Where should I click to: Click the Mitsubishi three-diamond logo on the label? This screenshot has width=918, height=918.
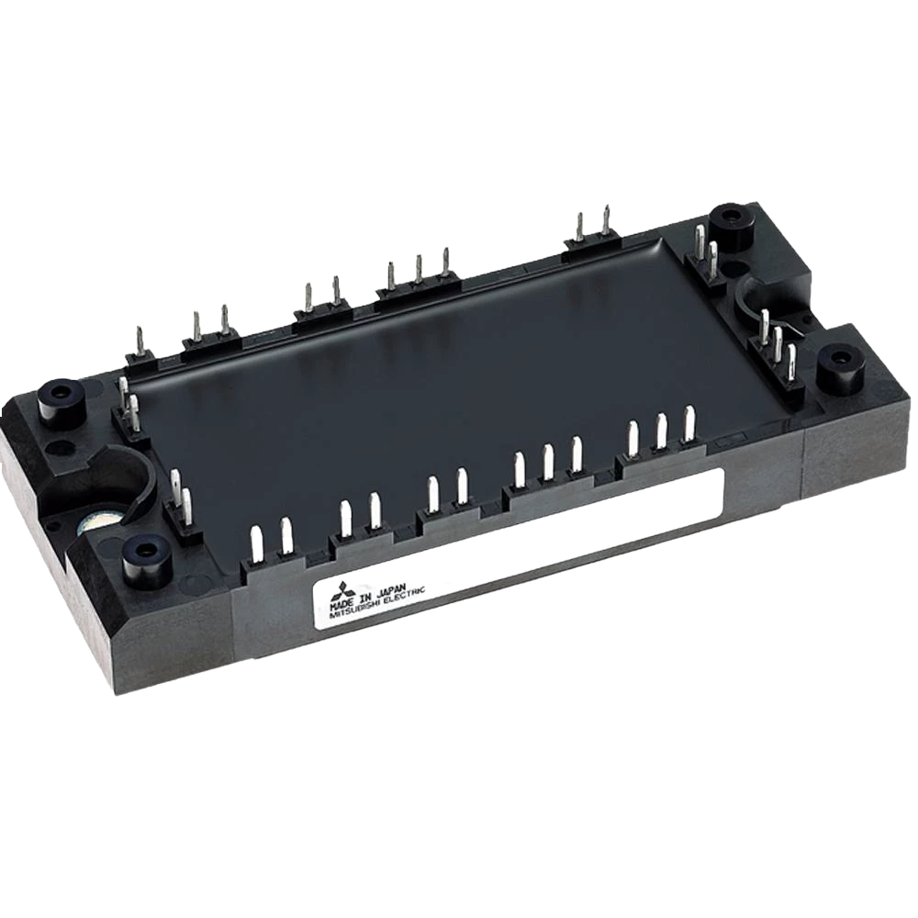(325, 592)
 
